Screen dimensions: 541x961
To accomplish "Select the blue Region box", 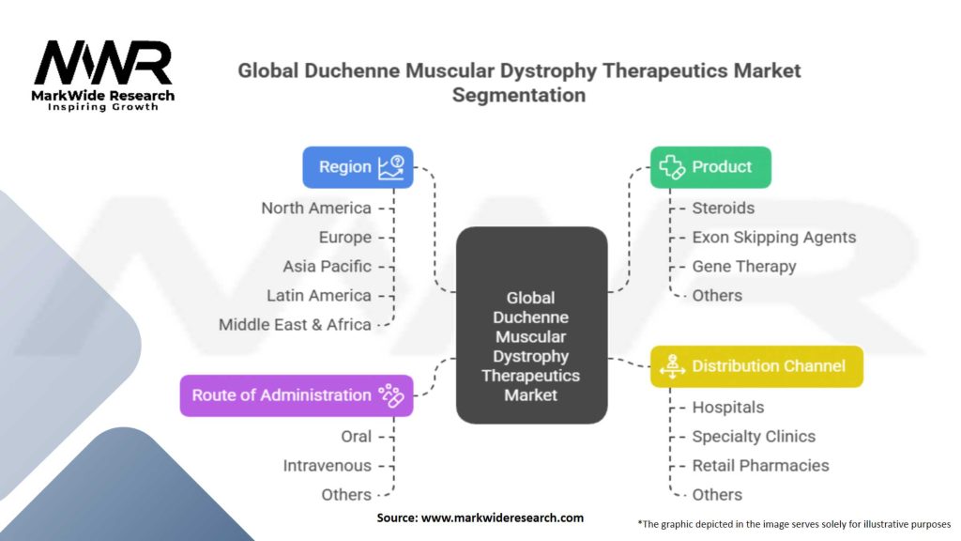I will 358,167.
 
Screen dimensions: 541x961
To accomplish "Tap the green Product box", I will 710,167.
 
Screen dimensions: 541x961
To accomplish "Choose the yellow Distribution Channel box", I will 756,366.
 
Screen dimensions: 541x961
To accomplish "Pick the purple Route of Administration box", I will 297,395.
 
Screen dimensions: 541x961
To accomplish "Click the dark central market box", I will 531,324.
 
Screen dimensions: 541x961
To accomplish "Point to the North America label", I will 316,209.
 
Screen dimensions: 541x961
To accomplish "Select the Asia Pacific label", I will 327,267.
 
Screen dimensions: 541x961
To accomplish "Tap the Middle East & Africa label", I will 295,325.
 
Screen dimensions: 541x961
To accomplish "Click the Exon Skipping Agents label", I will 773,238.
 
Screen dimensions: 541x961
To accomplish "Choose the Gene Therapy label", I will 743,267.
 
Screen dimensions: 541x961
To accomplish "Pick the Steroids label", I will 723,209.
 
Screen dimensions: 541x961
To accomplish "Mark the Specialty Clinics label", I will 754,437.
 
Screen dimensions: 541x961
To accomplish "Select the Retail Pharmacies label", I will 760,466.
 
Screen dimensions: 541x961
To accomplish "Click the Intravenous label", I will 327,466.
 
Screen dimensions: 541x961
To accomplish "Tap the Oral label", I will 356,437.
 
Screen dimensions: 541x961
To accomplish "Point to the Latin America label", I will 319,296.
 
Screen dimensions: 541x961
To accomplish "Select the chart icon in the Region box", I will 390,167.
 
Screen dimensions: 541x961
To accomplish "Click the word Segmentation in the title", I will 518,95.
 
